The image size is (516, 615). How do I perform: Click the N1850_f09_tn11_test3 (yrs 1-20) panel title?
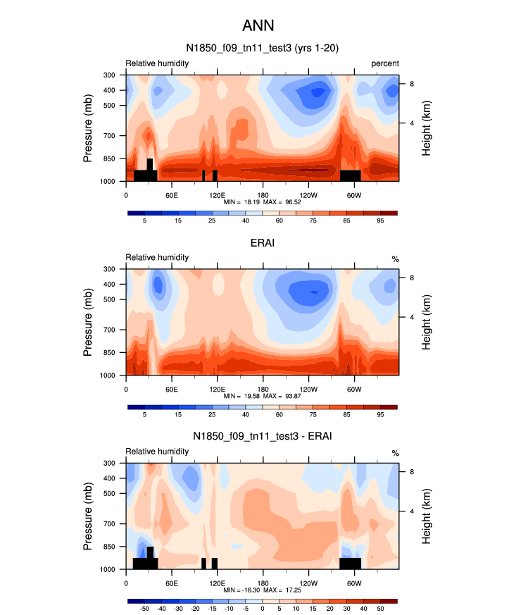262,49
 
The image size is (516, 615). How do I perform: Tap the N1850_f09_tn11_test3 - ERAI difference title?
262,436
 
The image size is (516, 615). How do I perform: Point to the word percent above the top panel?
385,63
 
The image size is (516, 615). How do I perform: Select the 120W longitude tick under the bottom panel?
308,583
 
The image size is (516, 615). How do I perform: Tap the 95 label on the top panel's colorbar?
380,221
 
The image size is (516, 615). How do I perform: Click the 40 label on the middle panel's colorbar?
246,416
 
